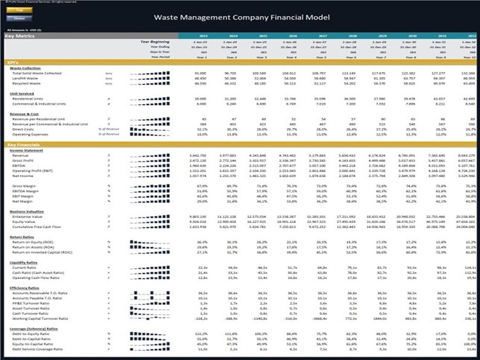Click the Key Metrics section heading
click(20, 36)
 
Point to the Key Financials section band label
click(24, 144)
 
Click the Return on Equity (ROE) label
click(35, 242)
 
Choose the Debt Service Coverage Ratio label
click(37, 350)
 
